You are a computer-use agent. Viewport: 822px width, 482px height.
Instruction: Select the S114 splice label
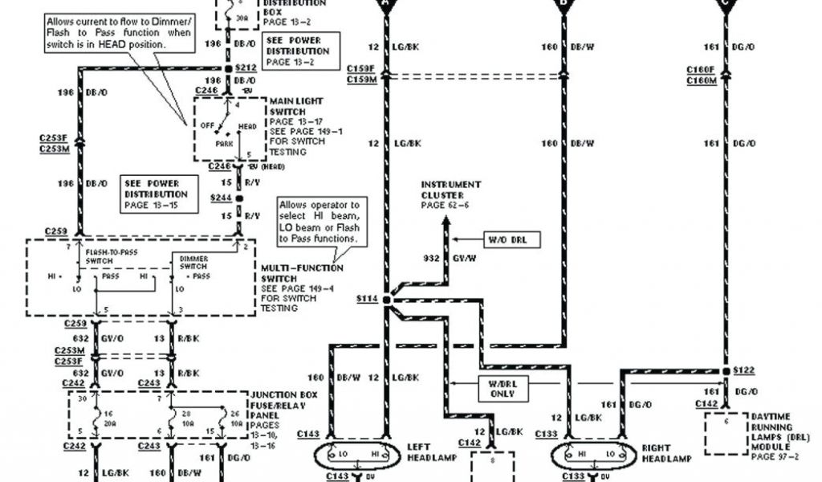click(x=366, y=299)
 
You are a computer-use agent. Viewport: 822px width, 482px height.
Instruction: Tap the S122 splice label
click(x=744, y=370)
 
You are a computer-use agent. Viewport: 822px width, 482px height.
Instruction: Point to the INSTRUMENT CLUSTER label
click(x=451, y=190)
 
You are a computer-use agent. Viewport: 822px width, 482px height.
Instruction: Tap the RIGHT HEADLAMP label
click(x=665, y=452)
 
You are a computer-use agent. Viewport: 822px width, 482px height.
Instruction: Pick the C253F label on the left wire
click(x=53, y=138)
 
